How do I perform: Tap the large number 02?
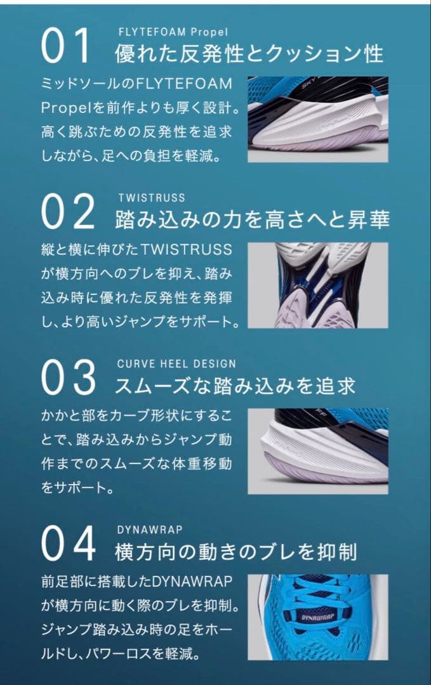68,211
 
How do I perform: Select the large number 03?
68,377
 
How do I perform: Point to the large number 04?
68,544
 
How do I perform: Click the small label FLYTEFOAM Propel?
173,32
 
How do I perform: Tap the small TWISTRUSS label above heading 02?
152,198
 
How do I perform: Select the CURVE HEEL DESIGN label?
176,364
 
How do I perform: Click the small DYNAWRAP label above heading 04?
150,530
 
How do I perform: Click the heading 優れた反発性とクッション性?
249,54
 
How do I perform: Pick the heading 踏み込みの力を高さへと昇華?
252,219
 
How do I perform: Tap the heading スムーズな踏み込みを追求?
235,386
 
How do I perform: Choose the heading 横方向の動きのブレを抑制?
235,552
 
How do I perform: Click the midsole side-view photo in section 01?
318,119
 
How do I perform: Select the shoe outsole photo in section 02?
318,285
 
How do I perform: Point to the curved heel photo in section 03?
318,452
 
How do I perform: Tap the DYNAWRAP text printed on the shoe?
318,617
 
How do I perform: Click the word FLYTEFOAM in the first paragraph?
183,84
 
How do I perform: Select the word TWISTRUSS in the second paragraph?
187,249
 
